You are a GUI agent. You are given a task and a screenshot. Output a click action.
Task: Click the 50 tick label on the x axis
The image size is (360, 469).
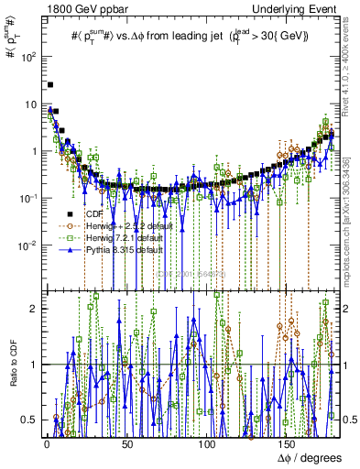click(x=126, y=443)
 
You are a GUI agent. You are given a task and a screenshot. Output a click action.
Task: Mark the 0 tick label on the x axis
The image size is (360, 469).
click(x=47, y=443)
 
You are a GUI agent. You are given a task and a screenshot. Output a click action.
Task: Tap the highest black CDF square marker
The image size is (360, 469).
click(x=50, y=84)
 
